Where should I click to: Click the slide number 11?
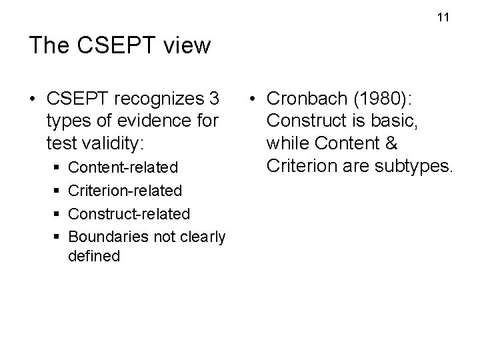444,17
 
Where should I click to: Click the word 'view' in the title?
186,45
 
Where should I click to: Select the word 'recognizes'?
157,99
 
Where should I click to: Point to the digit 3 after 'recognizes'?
214,99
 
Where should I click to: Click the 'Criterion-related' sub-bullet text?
125,191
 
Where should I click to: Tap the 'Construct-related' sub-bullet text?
129,214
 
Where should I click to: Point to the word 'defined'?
94,256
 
